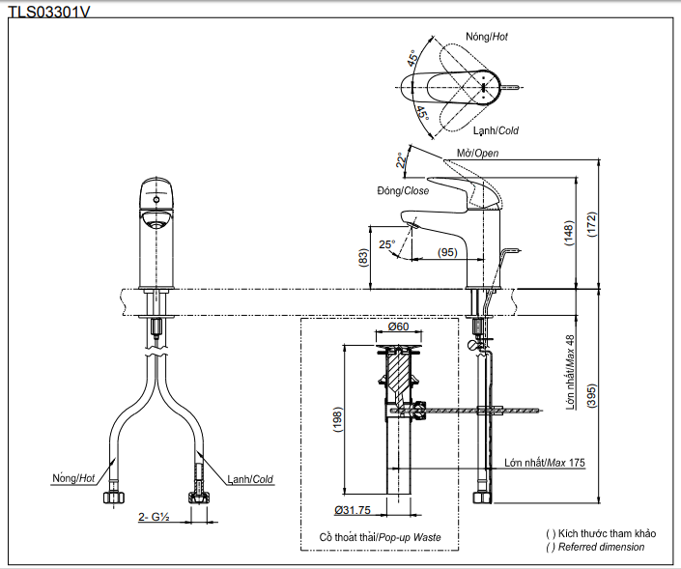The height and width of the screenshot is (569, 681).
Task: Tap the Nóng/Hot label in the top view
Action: tap(486, 37)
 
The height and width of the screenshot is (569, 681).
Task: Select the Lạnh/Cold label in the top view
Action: tap(496, 130)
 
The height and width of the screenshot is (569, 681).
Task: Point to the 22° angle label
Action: tap(401, 160)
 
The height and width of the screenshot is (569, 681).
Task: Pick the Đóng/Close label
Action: tap(403, 191)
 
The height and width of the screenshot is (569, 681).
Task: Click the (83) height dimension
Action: tap(363, 258)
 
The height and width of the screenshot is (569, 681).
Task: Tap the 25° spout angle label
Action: tap(387, 245)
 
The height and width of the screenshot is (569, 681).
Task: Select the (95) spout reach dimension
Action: tap(446, 252)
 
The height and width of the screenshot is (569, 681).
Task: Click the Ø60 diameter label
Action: tap(398, 327)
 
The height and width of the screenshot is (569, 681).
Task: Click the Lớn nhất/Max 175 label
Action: tap(545, 463)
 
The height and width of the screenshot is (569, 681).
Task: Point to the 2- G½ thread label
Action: tap(153, 518)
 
